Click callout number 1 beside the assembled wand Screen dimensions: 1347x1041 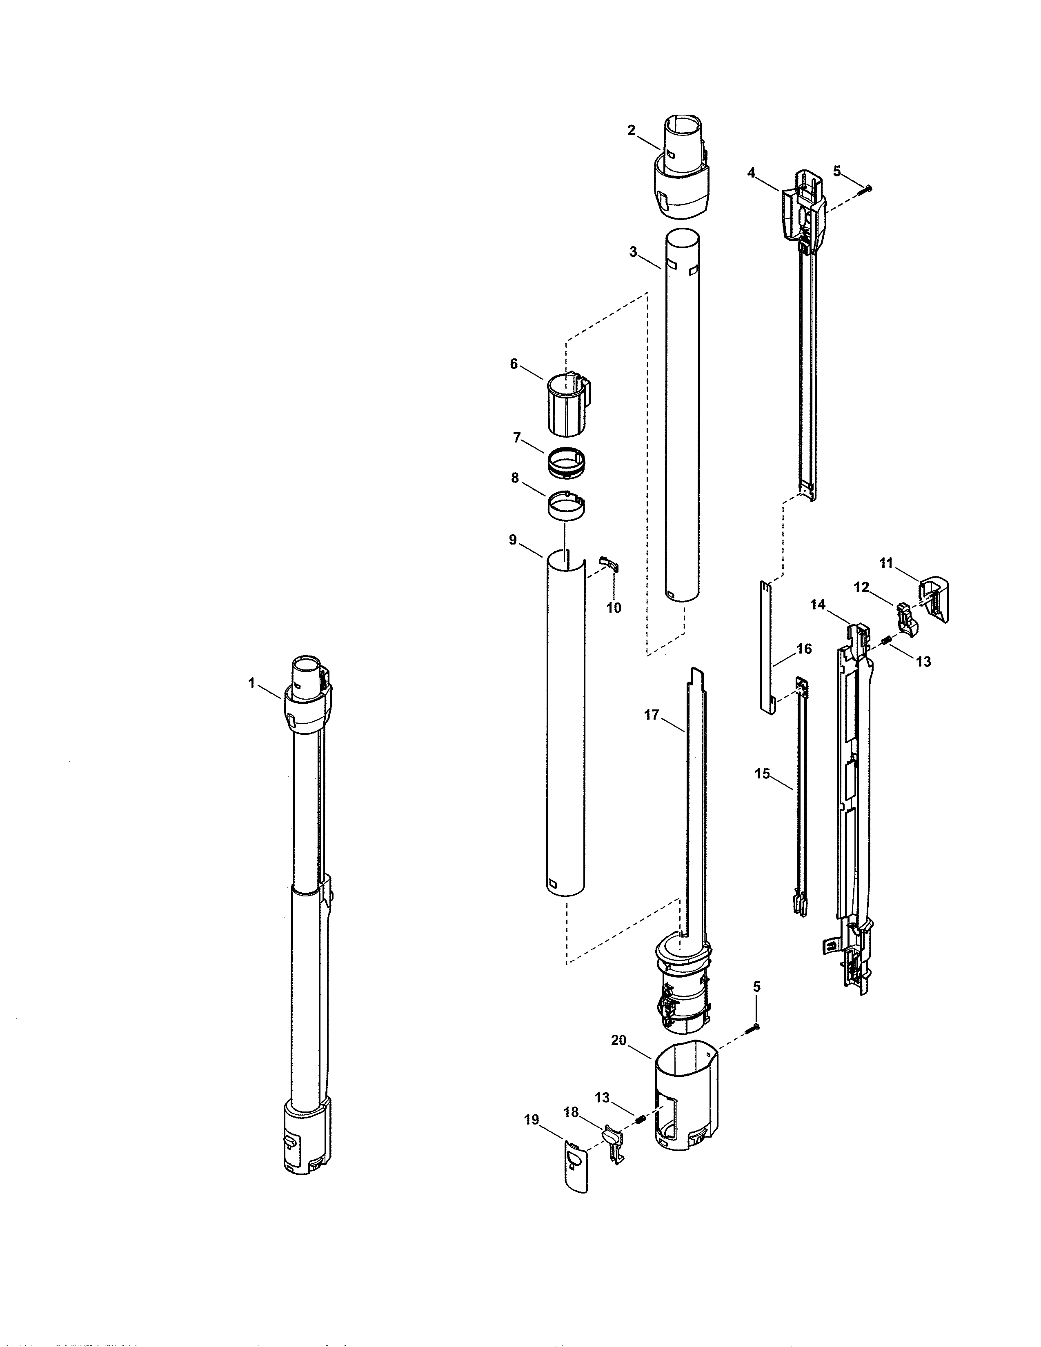[251, 683]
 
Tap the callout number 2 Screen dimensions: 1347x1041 [631, 131]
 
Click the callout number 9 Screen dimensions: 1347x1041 [512, 540]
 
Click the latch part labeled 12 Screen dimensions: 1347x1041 [905, 619]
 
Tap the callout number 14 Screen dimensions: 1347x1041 [818, 605]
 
